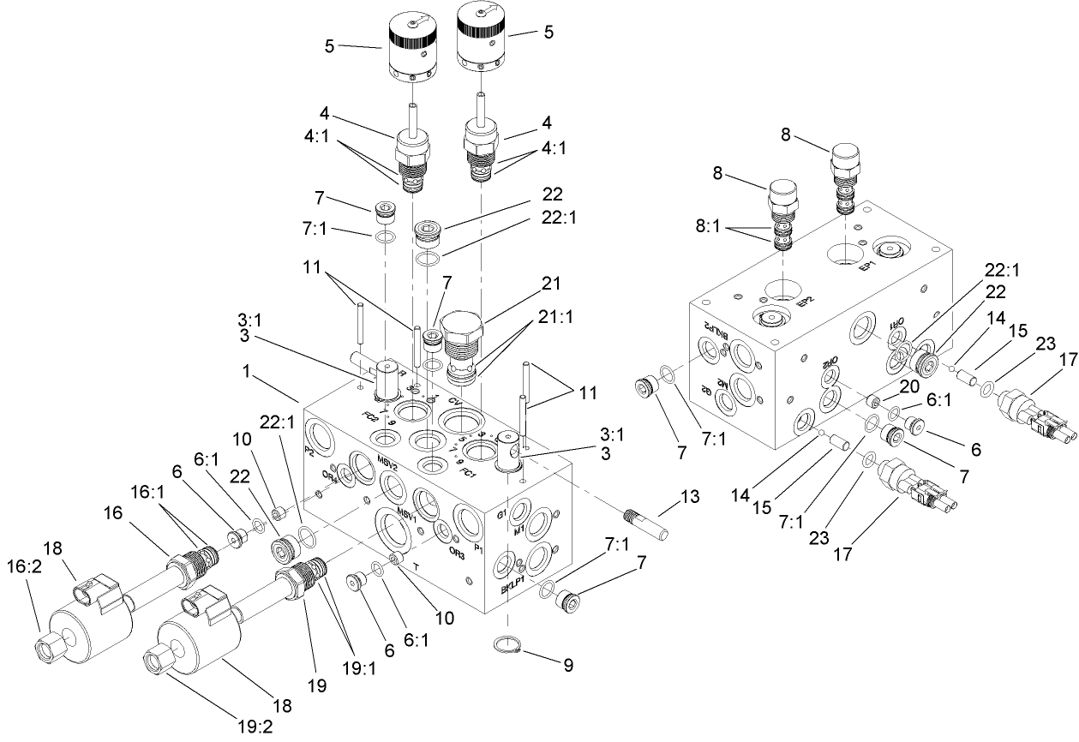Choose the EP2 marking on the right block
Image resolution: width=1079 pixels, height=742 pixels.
[x=805, y=300]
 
